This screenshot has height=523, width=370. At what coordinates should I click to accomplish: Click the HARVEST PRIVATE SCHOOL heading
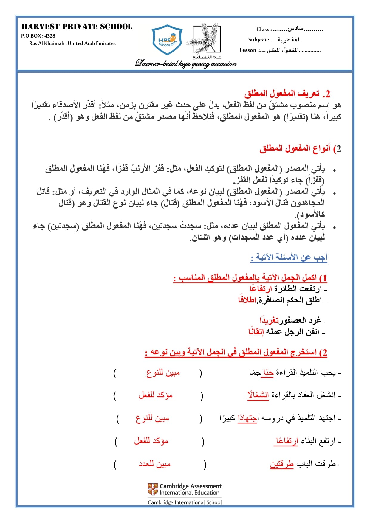tap(77, 27)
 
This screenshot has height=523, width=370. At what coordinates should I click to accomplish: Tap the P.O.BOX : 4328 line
tap(38, 36)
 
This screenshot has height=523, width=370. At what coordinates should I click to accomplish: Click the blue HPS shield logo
tap(167, 40)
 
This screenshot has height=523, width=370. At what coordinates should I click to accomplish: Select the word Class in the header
tap(263, 29)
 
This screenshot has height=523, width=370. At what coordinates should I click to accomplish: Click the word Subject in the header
tap(257, 40)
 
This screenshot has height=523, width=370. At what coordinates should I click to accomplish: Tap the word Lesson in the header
tap(248, 50)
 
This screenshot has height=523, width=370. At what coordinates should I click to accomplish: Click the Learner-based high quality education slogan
tap(186, 63)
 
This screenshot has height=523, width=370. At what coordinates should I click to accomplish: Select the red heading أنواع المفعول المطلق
tap(300, 148)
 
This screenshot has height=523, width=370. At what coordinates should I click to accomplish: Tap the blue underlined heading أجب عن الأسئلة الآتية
tap(289, 257)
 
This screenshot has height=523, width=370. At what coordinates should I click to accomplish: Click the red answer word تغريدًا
tap(269, 320)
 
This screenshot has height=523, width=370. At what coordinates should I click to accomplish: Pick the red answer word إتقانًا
tap(256, 331)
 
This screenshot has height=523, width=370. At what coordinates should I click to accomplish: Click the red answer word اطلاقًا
tap(247, 300)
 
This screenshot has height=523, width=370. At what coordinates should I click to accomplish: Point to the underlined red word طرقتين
tap(282, 464)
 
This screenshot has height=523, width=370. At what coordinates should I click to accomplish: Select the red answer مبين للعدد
tap(154, 464)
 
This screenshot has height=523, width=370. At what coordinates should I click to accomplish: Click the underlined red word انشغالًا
tap(258, 395)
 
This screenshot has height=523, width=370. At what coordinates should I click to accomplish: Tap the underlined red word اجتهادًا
tap(247, 418)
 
